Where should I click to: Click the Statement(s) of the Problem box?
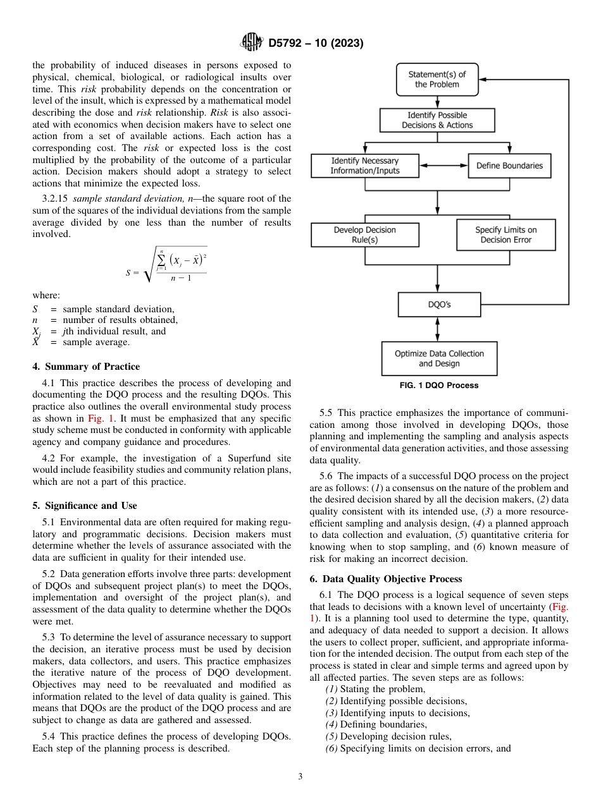tap(437, 79)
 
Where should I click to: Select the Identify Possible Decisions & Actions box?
tap(437, 120)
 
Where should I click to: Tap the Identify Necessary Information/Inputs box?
tap(365, 166)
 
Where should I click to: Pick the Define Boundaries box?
tap(509, 166)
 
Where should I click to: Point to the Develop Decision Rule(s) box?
tap(364, 234)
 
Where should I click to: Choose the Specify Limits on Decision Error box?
tap(505, 234)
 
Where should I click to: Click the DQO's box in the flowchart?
tap(438, 305)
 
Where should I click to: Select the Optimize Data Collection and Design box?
tap(439, 358)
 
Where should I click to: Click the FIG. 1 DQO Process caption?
tap(438, 385)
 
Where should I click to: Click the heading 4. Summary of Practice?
tap(86, 367)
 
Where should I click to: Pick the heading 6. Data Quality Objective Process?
tap(386, 579)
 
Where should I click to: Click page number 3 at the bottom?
tap(300, 777)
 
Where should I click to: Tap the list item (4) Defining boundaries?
tap(376, 724)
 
